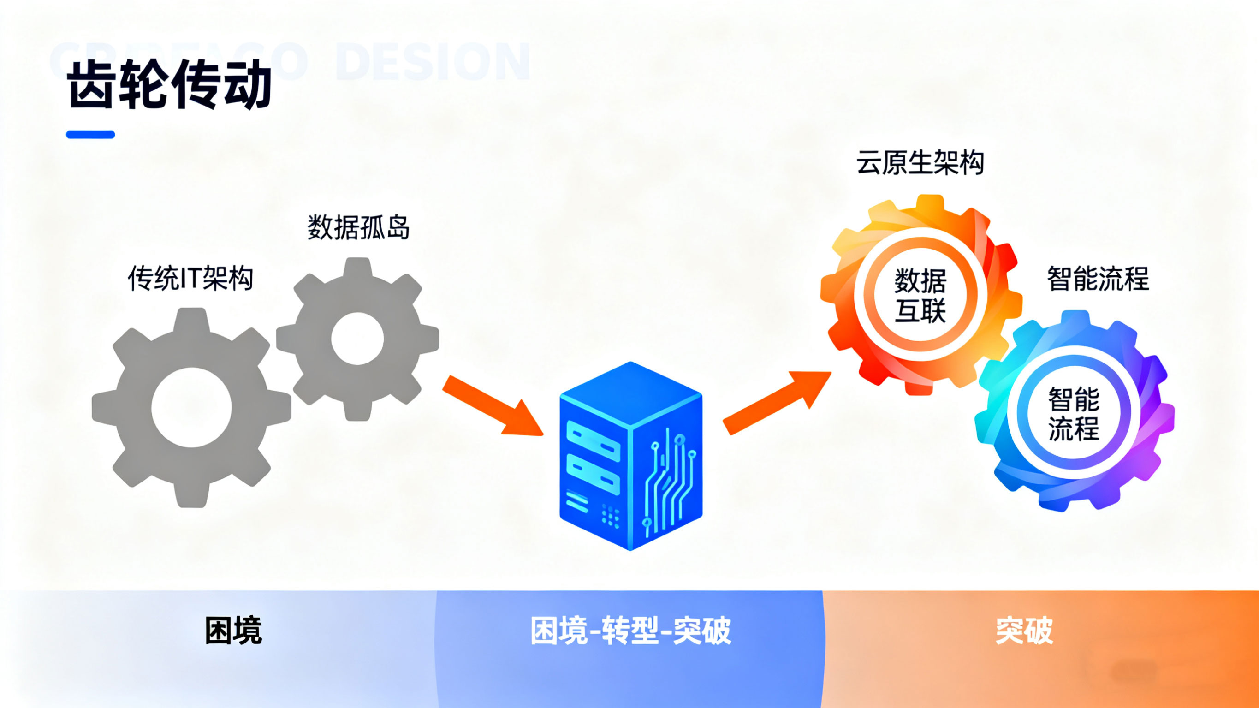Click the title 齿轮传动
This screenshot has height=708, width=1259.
(169, 84)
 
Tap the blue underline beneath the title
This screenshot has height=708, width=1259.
(90, 135)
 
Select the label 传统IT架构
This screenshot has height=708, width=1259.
(190, 279)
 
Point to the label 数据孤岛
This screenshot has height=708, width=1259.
(358, 227)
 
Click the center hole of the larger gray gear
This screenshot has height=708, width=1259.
(191, 407)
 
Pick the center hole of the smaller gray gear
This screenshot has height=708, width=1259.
(357, 339)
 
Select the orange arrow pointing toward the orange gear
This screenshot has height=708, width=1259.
(777, 402)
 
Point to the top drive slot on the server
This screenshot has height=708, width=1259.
(593, 440)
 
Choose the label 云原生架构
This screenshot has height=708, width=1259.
(920, 163)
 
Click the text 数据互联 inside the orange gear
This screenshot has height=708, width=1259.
(920, 295)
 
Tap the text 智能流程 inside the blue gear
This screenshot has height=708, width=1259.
(1073, 414)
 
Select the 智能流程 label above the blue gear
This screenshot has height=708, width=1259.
(1098, 279)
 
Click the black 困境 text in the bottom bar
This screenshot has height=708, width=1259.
(233, 631)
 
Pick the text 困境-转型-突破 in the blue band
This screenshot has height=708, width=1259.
(630, 631)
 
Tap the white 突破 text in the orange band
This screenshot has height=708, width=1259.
(1024, 631)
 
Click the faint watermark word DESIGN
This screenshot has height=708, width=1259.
(433, 62)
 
